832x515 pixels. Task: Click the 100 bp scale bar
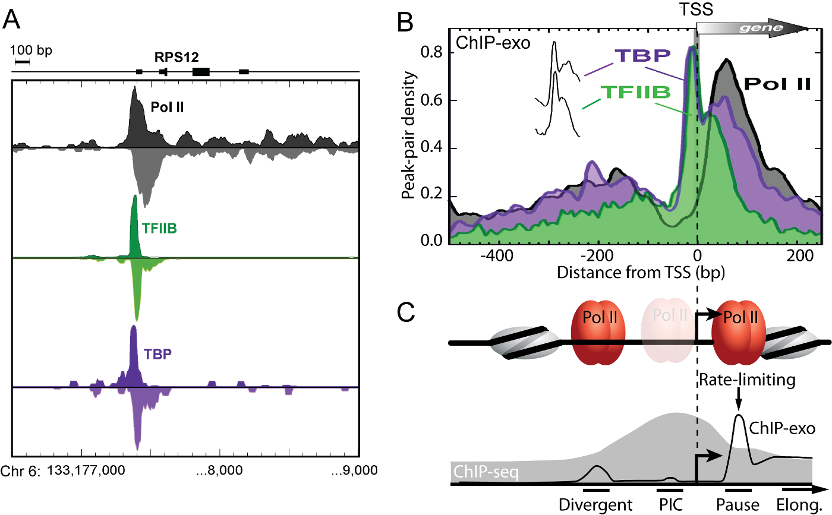[x=23, y=61]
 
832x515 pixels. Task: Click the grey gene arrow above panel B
[x=752, y=29]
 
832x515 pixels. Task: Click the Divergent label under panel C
[x=596, y=505]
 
